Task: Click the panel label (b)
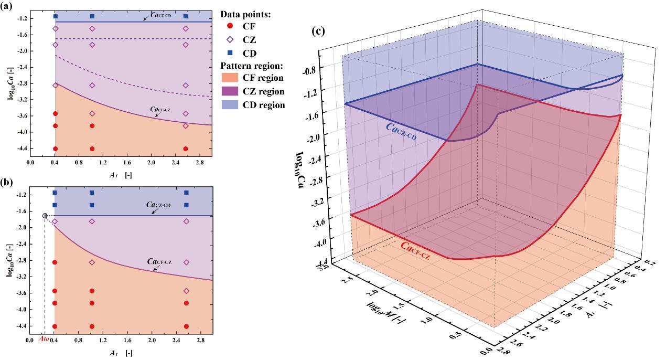tap(7, 183)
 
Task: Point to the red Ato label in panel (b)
tap(45, 340)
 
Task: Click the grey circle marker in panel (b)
tap(45, 216)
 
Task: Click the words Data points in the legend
tap(251, 11)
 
